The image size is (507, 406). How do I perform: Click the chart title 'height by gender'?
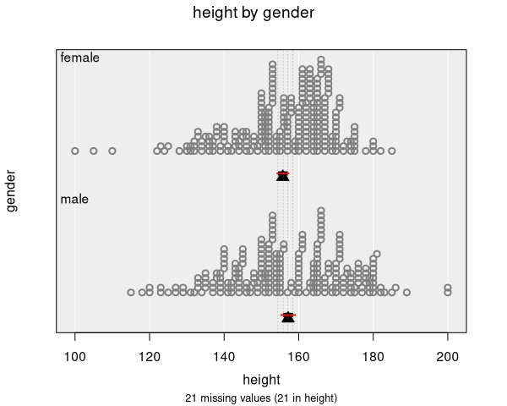tap(253, 13)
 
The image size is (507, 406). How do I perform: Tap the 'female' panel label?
tap(80, 58)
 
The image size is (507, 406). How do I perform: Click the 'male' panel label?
tap(74, 200)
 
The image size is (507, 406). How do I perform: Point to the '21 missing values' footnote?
tap(261, 397)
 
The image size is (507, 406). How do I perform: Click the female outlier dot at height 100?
tap(75, 151)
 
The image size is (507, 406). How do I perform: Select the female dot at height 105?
tap(94, 151)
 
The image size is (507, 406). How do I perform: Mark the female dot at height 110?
tap(112, 151)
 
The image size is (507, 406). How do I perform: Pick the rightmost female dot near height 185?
tap(391, 151)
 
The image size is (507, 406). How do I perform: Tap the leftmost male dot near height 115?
tap(131, 292)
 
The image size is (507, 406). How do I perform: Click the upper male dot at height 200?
tap(448, 287)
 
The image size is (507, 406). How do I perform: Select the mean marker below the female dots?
tap(283, 175)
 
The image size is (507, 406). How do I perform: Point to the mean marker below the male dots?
tap(288, 316)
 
